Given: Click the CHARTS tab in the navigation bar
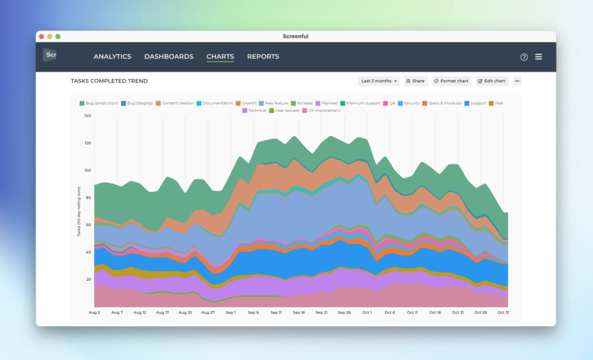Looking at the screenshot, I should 220,57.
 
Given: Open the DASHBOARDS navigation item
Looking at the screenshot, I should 168,57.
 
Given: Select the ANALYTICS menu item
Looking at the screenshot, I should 112,57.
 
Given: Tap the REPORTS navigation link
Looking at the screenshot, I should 263,57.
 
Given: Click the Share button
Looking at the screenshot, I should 416,81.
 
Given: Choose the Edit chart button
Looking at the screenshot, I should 492,81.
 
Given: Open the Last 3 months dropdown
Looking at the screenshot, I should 379,81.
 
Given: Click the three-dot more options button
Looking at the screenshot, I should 517,81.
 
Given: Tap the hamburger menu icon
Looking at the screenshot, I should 538,57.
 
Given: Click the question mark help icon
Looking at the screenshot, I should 524,57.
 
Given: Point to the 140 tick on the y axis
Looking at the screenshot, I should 87,116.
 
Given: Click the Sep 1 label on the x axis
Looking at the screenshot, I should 230,313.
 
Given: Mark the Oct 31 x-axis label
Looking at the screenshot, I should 503,313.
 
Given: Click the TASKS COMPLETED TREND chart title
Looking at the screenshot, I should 109,81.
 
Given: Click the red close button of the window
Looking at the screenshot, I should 42,37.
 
